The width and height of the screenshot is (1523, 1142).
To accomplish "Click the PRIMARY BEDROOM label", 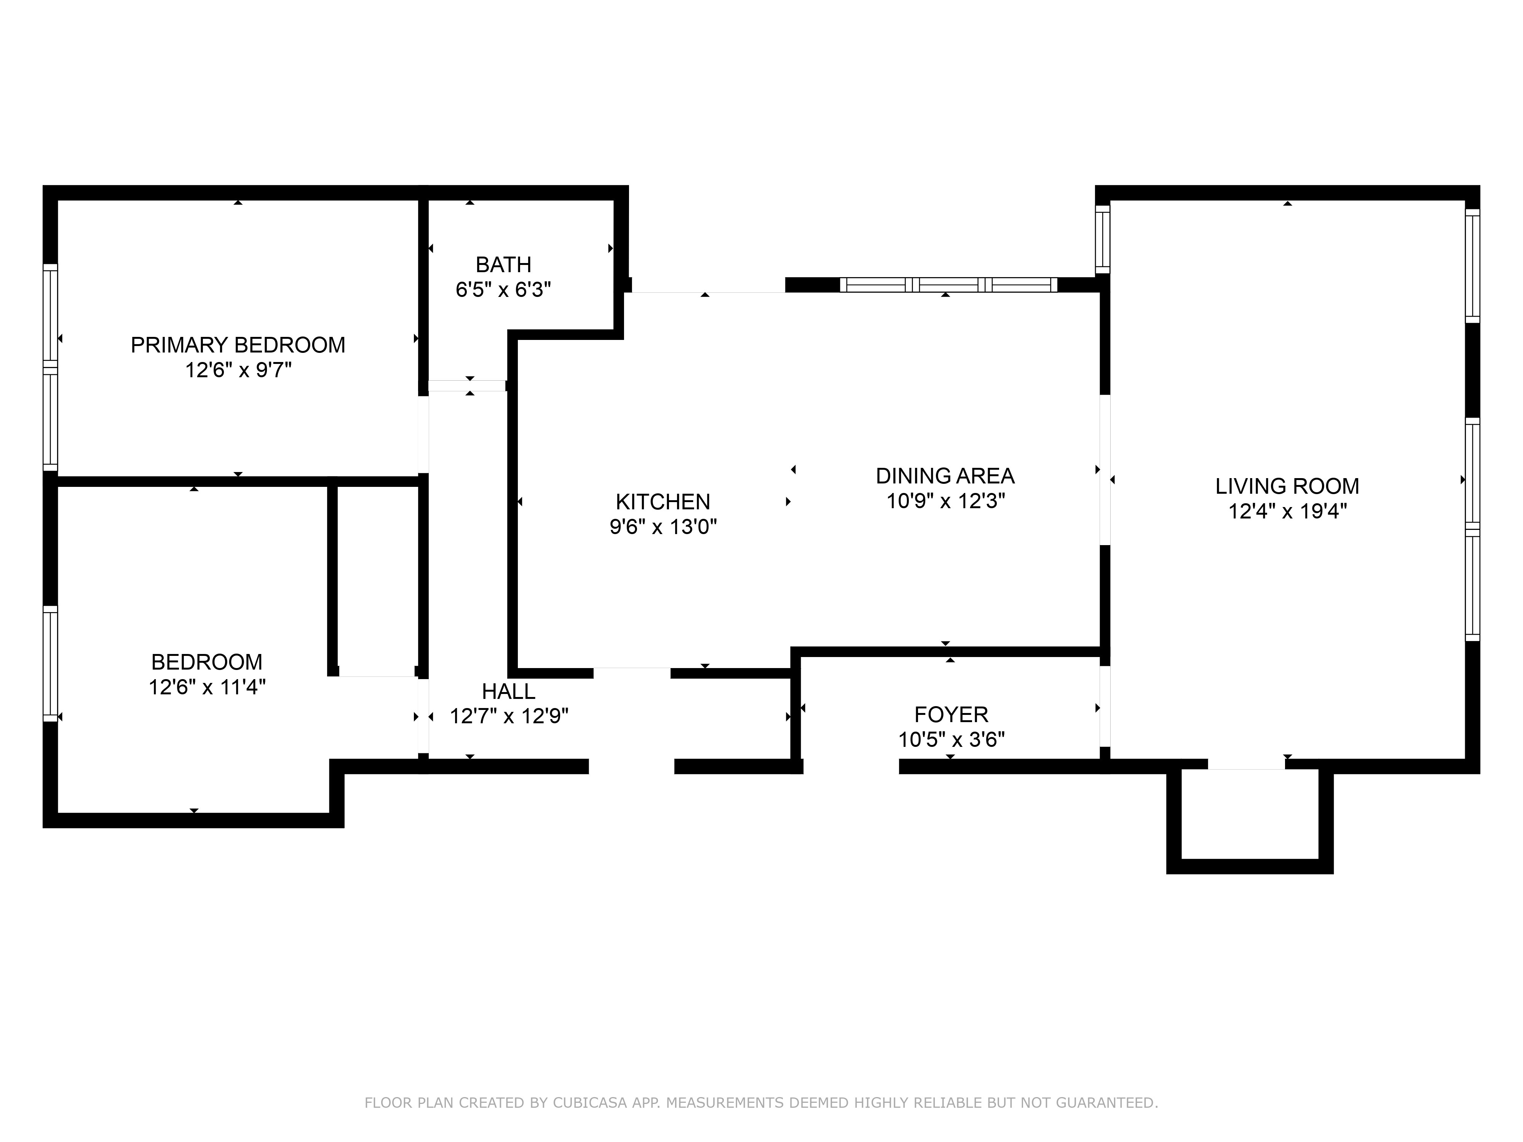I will tap(238, 345).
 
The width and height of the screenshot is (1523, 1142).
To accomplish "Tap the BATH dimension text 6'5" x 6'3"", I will tap(503, 290).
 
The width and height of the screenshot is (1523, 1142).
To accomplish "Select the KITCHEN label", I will tap(663, 502).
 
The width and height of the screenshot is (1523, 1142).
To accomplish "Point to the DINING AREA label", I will tap(945, 476).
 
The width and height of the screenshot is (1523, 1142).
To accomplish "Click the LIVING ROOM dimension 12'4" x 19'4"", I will tap(1287, 512).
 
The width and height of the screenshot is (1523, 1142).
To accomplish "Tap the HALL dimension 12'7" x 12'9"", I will tap(509, 716).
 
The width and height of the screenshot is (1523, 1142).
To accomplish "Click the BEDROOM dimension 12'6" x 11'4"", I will tap(206, 687).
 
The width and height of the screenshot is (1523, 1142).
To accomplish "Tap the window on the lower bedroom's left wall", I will tap(50, 663).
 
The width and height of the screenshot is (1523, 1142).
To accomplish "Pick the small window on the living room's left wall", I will tap(1102, 239).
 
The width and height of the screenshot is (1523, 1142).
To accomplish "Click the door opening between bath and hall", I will tap(468, 386).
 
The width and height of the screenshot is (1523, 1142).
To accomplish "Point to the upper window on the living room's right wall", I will tap(1472, 265).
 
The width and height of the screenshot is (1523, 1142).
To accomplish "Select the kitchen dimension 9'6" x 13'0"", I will tap(663, 527).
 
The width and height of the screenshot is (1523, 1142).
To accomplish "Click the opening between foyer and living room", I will tap(1105, 706).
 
